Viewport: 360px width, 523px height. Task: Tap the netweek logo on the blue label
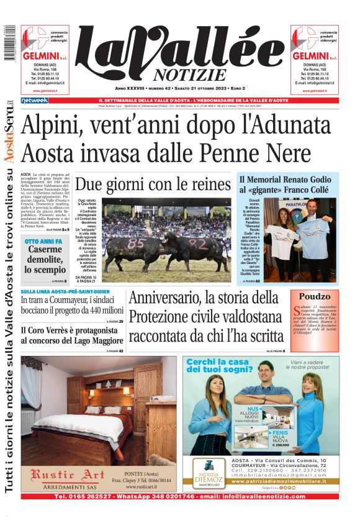coord(34,100)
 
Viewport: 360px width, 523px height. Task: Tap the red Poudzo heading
coord(315,296)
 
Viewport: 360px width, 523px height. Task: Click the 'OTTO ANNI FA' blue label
coord(43,241)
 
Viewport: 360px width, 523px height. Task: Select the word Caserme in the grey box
coord(44,250)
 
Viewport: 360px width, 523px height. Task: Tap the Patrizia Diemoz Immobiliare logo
coord(208,472)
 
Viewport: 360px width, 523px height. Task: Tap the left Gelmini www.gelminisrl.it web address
coord(44,91)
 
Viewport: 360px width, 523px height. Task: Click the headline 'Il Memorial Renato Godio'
coord(285,180)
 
